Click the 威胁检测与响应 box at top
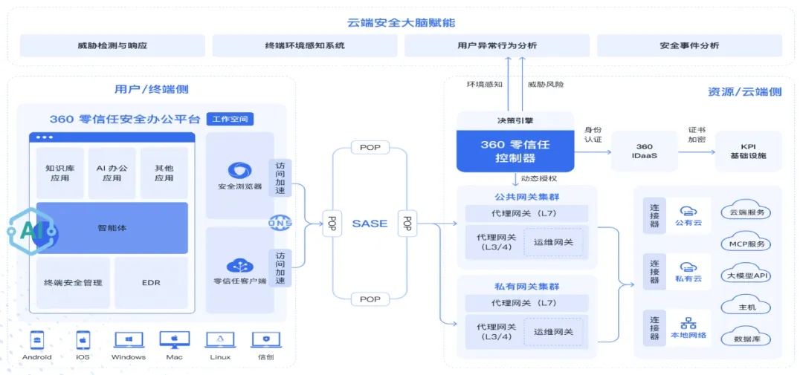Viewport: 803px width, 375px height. pos(112,45)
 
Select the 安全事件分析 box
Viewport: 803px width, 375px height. pos(689,45)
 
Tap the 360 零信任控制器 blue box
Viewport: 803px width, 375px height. pos(515,151)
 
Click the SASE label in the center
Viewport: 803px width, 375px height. pos(370,224)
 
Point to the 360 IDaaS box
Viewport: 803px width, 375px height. pos(645,151)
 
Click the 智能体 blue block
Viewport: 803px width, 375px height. pos(112,227)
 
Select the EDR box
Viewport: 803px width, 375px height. pos(151,282)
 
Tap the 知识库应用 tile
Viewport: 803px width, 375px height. pos(59,173)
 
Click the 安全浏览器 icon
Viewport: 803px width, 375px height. pos(239,171)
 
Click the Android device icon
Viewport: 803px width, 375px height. pos(36,340)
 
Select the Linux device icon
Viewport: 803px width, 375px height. pos(220,340)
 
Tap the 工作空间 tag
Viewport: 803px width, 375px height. pos(230,119)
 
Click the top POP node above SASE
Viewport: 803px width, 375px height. pos(370,148)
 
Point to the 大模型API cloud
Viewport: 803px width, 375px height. pos(748,276)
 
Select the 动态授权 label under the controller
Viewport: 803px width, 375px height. pos(539,178)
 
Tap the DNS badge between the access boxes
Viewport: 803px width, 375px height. pos(279,223)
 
